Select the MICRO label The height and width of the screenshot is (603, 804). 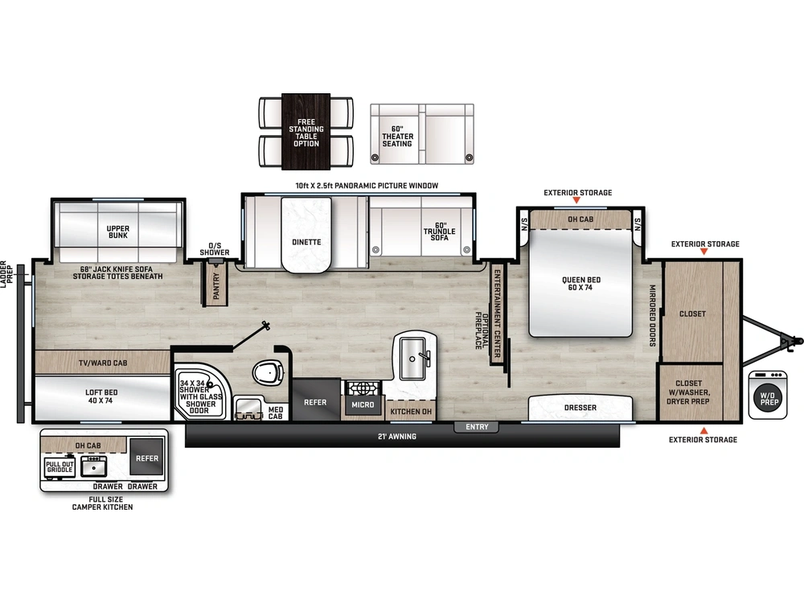[x=363, y=404]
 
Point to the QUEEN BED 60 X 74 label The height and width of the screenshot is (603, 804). [x=580, y=284]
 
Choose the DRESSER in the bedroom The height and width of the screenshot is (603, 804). [x=580, y=408]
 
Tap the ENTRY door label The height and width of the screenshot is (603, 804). [x=477, y=427]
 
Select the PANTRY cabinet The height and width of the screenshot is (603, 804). [x=216, y=285]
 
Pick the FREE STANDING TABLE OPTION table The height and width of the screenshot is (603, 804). [x=306, y=132]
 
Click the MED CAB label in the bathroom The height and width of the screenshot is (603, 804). [x=275, y=412]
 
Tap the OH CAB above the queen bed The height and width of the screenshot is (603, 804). [x=580, y=219]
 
